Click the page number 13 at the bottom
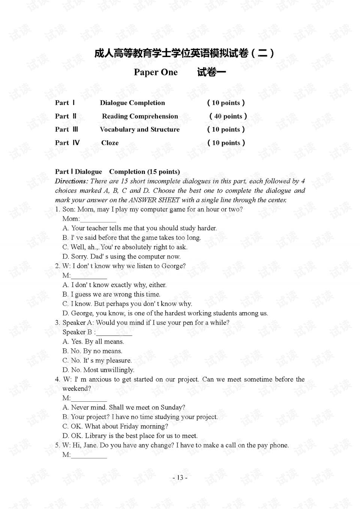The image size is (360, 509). click(180, 477)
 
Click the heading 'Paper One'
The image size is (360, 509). click(156, 72)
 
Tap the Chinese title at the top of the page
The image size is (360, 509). click(184, 53)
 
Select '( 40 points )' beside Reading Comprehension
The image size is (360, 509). click(228, 116)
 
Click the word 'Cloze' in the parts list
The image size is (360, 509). click(110, 143)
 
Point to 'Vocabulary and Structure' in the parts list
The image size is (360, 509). click(139, 129)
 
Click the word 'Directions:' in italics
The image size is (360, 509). click(71, 181)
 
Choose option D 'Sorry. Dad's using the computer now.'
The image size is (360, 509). click(121, 257)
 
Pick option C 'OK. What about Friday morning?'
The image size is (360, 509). click(115, 426)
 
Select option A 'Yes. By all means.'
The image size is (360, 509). click(93, 342)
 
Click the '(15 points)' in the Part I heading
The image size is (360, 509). click(163, 172)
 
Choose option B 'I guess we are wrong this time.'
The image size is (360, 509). click(111, 294)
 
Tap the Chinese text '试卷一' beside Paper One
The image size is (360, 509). click(211, 72)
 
